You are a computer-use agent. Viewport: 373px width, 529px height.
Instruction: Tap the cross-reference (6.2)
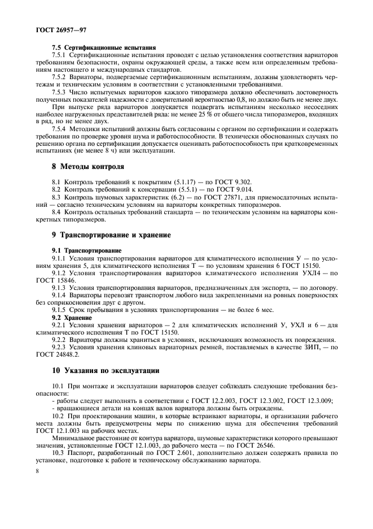coord(170,197)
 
